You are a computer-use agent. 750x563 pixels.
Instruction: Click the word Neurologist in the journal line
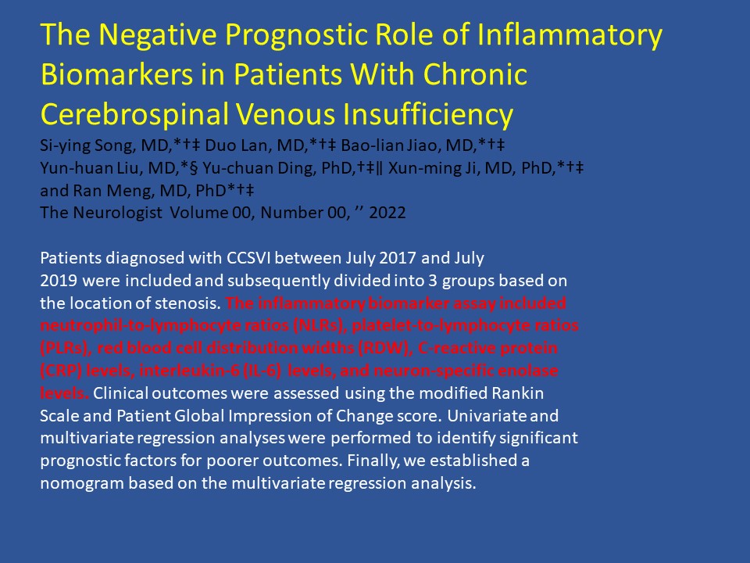[117, 213]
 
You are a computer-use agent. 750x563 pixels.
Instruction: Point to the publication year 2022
[387, 213]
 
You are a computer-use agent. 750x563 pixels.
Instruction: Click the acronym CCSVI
[248, 258]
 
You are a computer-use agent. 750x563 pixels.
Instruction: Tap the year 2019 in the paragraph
[59, 281]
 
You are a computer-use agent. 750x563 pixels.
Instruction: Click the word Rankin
[517, 393]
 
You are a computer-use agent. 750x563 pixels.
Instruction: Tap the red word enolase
[528, 371]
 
